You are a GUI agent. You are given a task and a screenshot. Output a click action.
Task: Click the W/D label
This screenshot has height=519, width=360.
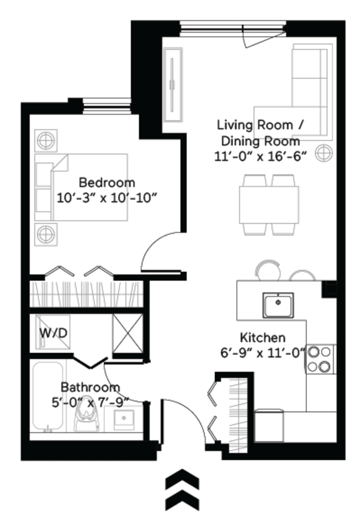click(54, 333)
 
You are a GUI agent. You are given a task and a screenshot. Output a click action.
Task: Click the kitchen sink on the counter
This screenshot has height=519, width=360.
click(277, 305)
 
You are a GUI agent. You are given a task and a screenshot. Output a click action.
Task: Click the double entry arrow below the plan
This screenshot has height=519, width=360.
click(182, 490)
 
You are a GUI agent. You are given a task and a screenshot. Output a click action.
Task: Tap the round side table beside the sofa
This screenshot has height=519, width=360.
click(323, 152)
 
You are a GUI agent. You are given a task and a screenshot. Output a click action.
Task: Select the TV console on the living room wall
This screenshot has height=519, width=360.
click(172, 85)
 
